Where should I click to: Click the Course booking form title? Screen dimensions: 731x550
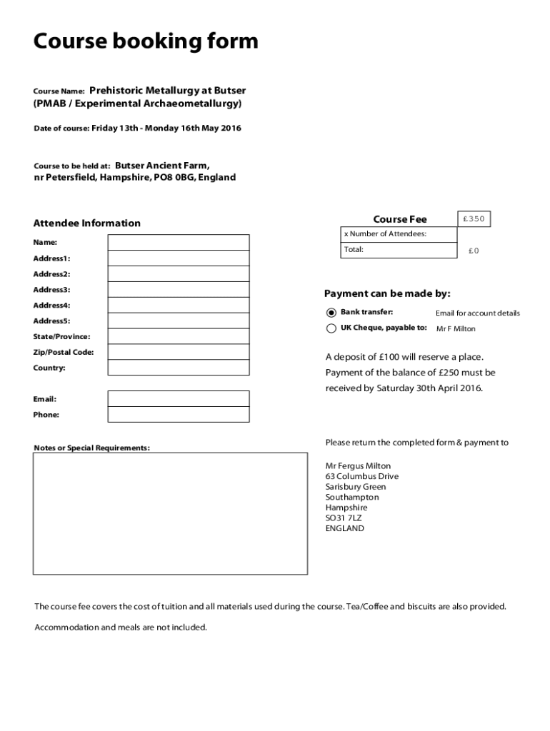(146, 42)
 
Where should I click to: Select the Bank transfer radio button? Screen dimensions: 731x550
(331, 313)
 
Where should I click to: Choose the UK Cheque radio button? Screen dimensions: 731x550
(331, 328)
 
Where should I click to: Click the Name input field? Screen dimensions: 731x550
(179, 243)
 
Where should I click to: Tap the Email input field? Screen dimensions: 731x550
(179, 398)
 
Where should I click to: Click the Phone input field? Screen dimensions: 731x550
(179, 414)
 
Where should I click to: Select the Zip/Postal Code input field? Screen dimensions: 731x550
(179, 352)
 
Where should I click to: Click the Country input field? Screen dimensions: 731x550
(179, 368)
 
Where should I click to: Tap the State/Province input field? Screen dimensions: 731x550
(179, 336)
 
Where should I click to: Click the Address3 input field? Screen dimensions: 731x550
(179, 290)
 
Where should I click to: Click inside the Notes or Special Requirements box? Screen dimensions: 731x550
(170, 513)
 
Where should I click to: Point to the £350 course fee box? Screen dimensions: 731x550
(474, 219)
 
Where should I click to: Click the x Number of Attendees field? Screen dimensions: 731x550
(399, 234)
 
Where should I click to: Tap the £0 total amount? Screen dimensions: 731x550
(474, 251)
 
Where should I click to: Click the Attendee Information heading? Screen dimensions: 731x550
(86, 223)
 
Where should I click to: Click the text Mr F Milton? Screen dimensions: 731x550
(456, 329)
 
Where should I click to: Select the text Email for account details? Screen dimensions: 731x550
(478, 313)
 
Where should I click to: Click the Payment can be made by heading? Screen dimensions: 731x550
(387, 294)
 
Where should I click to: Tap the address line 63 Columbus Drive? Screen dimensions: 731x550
(362, 476)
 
